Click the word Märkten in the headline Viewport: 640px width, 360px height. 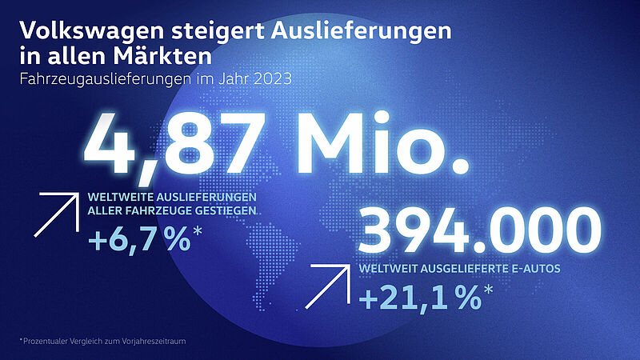click(171, 58)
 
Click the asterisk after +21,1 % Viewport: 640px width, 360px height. click(487, 293)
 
